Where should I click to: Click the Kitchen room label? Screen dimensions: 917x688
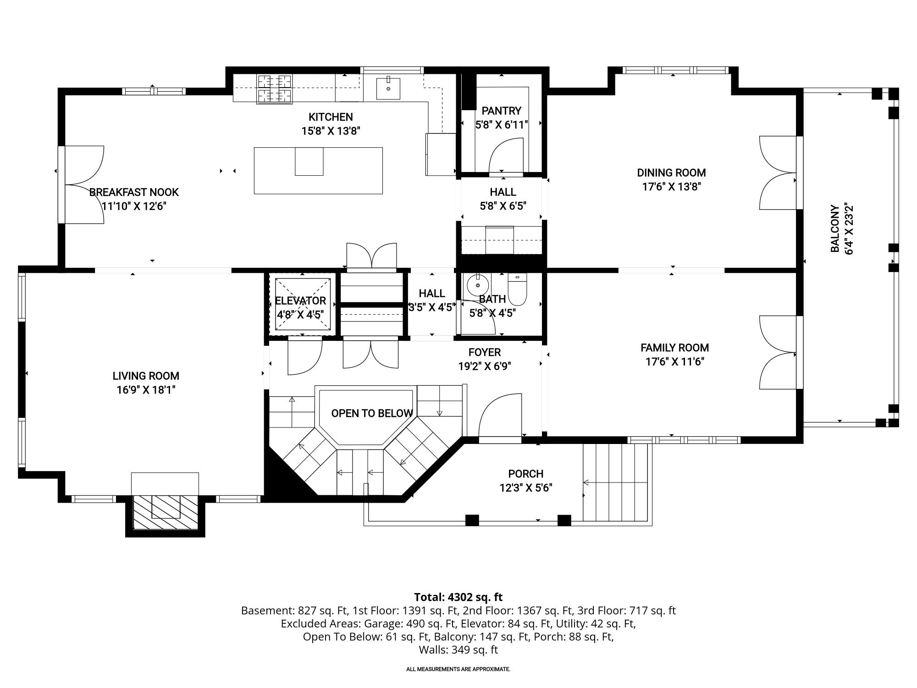(x=330, y=117)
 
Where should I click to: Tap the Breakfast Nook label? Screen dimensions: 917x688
(x=134, y=192)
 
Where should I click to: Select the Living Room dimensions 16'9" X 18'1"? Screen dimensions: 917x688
(x=146, y=390)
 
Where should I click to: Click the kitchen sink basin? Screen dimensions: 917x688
(x=388, y=89)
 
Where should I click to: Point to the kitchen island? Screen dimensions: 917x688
(x=318, y=171)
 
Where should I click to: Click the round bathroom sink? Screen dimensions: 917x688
(x=478, y=285)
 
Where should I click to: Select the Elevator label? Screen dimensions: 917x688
(x=300, y=301)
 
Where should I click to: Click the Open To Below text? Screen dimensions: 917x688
(x=372, y=413)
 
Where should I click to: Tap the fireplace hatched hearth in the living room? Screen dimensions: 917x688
(x=165, y=512)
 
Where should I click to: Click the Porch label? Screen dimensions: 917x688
(x=525, y=474)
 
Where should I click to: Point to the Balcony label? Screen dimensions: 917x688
(x=835, y=229)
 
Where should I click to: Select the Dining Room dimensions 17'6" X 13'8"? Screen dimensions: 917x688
(x=671, y=187)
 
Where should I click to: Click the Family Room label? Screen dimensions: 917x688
(x=674, y=348)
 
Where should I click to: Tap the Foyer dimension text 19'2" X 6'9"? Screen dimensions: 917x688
(x=485, y=366)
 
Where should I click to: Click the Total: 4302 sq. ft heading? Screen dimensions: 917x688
(x=458, y=597)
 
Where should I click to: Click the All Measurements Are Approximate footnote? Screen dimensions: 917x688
(x=458, y=669)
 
